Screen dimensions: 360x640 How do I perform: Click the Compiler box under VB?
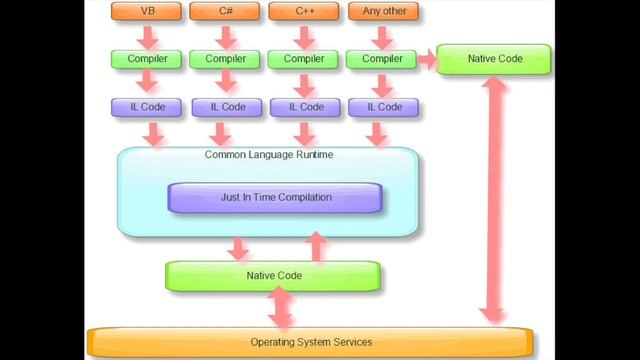click(146, 59)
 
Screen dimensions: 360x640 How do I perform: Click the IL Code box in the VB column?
click(146, 106)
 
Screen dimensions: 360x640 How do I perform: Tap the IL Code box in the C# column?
click(225, 106)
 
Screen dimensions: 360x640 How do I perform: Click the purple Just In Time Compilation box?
click(275, 197)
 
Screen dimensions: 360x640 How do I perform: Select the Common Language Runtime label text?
click(268, 155)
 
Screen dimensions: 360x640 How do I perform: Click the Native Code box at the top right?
click(494, 59)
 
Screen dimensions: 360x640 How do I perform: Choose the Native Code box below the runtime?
click(273, 275)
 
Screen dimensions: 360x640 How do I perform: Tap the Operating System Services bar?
click(310, 342)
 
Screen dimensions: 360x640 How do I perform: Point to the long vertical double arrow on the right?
click(492, 200)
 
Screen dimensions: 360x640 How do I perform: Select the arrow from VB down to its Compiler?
click(146, 36)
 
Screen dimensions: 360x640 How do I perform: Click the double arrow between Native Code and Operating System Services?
click(281, 308)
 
